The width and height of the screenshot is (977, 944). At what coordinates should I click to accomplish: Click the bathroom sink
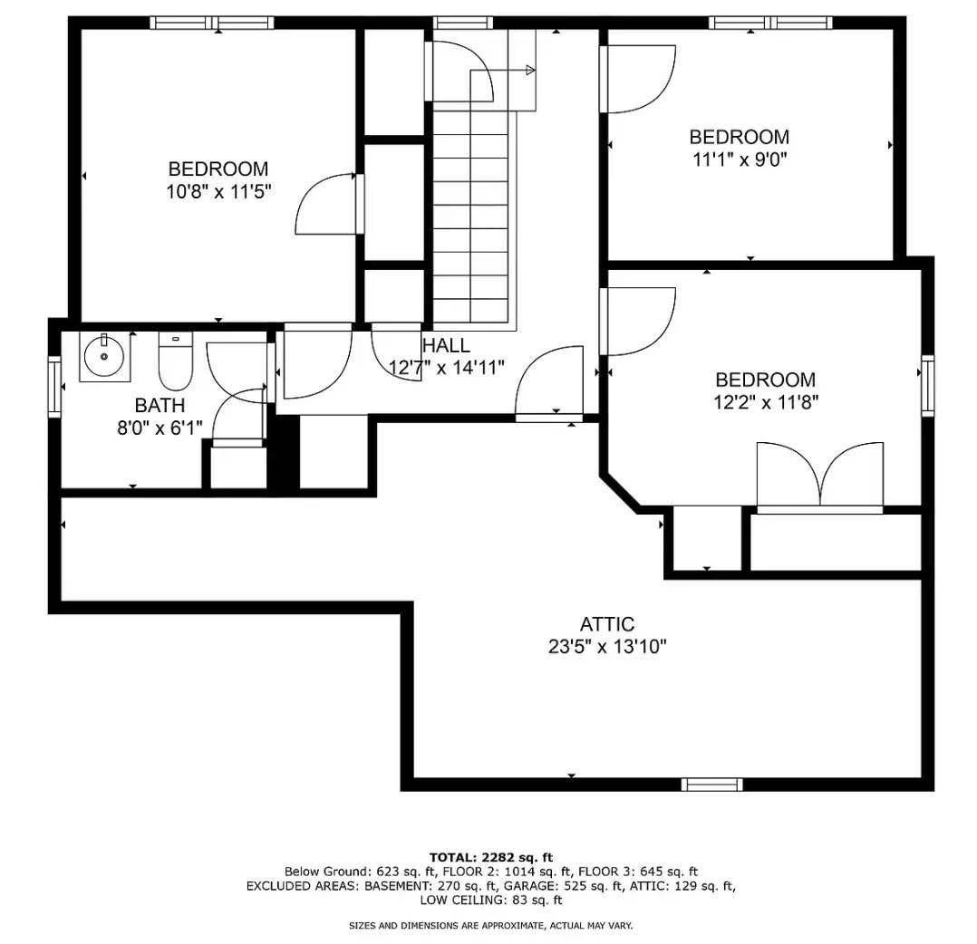tap(104, 356)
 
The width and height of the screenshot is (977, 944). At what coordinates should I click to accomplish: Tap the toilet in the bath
tap(175, 363)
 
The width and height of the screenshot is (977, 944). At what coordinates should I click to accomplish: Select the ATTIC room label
tap(606, 624)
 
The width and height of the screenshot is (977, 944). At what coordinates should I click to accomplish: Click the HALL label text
tap(446, 345)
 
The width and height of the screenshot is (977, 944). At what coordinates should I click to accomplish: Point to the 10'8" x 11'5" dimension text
tap(218, 191)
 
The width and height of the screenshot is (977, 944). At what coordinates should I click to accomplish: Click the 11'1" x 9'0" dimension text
tap(739, 159)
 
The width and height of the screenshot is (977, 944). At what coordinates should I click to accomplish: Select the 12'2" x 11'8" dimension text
tap(765, 402)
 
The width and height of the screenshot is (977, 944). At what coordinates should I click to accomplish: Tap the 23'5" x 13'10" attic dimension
tap(606, 647)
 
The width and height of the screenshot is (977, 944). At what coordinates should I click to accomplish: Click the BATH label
tap(160, 405)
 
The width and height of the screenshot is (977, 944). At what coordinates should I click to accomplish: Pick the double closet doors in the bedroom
tap(819, 477)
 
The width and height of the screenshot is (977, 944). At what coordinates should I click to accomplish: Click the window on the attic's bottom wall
tap(711, 785)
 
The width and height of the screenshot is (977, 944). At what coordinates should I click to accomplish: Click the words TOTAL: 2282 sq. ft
tap(490, 857)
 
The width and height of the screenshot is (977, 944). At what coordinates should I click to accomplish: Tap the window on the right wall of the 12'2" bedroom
tap(927, 385)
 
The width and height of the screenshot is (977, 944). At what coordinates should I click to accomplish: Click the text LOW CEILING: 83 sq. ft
tap(490, 901)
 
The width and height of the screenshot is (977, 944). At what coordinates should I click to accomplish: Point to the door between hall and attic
tap(549, 384)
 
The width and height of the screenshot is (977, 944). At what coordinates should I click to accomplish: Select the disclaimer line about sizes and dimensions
tap(490, 925)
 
